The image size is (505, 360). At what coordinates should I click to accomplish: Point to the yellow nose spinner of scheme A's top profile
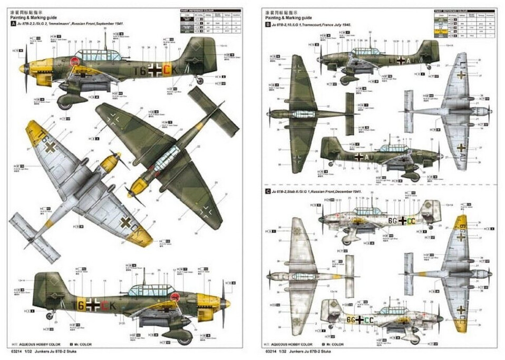point(22,69)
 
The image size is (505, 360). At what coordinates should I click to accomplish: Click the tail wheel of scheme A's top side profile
point(200,80)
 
